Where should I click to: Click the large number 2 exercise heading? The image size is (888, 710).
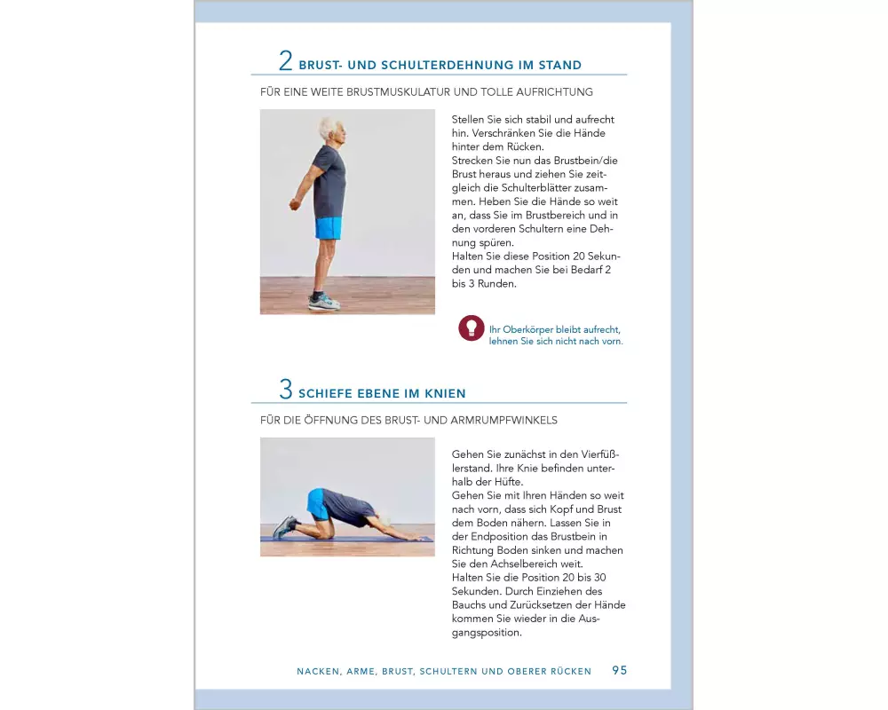[285, 60]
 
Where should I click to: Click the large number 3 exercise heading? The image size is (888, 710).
[285, 389]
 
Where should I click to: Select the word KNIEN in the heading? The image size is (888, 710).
[445, 393]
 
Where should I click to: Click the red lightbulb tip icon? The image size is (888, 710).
[472, 327]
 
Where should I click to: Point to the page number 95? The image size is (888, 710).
[620, 670]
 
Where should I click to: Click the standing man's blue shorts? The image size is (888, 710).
[329, 227]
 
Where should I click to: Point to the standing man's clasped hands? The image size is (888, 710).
[294, 204]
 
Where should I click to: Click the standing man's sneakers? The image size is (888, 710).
[324, 302]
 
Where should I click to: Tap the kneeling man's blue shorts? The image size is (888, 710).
[317, 504]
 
